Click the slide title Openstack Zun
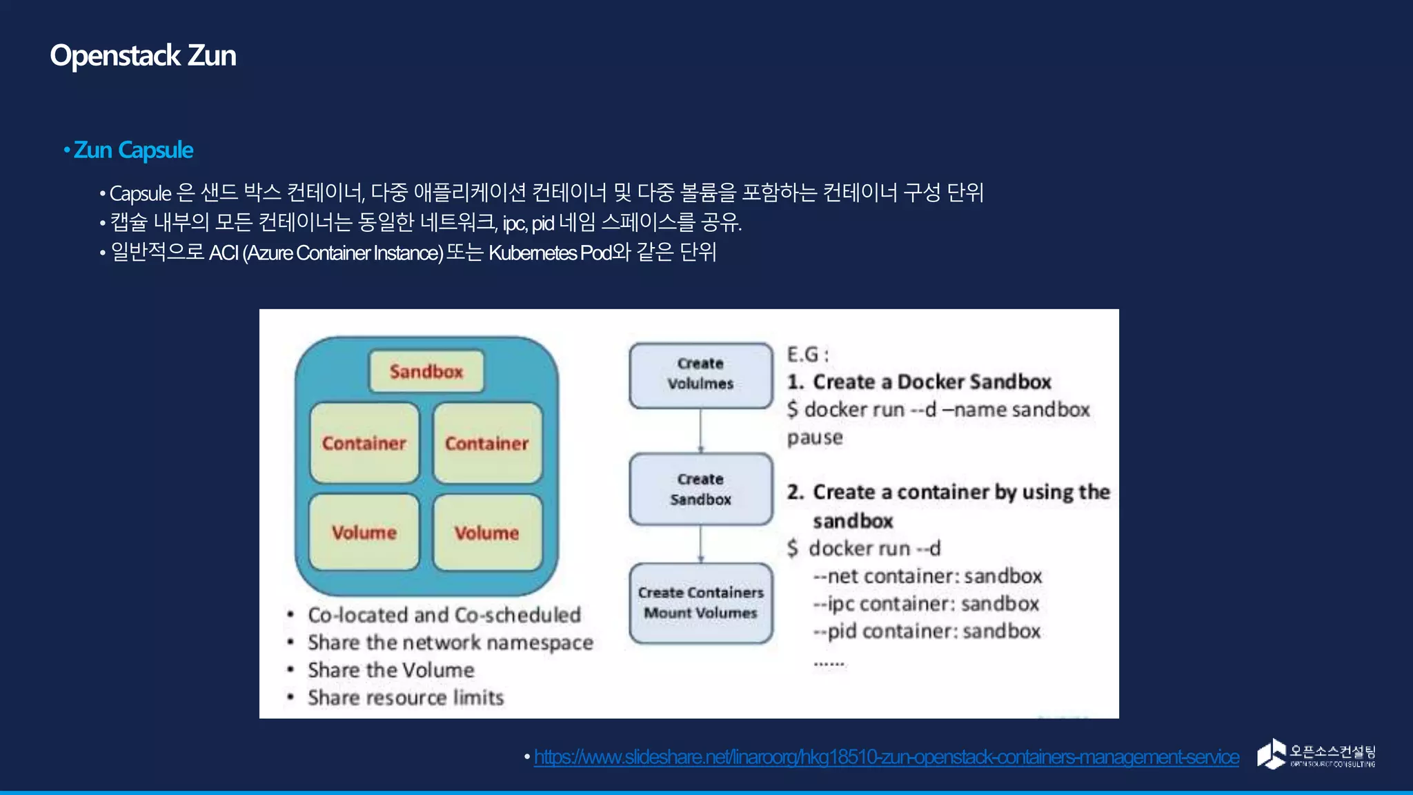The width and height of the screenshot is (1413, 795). click(143, 55)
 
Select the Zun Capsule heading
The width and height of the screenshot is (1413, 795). click(133, 150)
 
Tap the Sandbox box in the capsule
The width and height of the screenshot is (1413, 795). click(426, 371)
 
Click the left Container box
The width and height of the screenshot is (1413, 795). click(364, 443)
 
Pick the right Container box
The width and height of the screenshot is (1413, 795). click(487, 443)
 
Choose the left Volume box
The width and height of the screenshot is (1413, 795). click(364, 532)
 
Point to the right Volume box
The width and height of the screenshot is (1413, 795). click(487, 532)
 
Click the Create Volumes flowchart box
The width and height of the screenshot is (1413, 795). click(700, 374)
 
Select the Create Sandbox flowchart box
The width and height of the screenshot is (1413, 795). click(700, 489)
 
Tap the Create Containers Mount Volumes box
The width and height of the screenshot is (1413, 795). click(700, 602)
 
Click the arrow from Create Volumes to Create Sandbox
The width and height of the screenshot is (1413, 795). click(700, 431)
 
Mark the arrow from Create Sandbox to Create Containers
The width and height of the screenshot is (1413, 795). click(700, 544)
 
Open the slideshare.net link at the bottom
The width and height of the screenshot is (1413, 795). click(886, 757)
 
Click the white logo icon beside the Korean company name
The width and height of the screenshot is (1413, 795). click(1271, 754)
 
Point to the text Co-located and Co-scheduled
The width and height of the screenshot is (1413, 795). click(444, 614)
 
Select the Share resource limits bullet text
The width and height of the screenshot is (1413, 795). click(406, 697)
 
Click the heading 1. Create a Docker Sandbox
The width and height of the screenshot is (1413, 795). click(919, 382)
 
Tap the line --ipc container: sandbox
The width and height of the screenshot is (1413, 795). click(926, 604)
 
